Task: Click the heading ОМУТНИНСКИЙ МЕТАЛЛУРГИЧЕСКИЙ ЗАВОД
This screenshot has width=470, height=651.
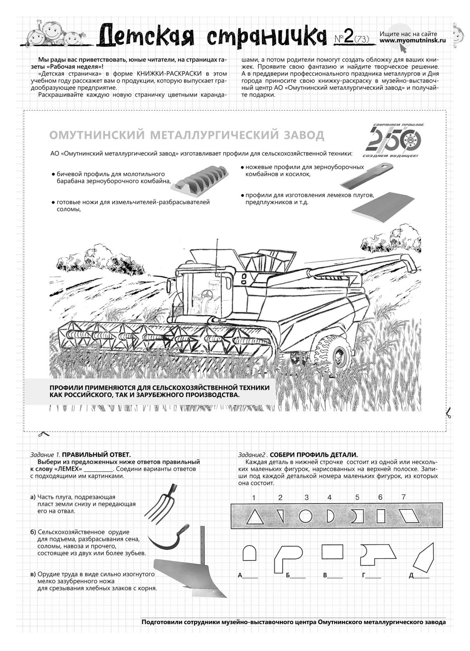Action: (187, 135)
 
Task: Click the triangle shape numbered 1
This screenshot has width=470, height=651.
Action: (255, 517)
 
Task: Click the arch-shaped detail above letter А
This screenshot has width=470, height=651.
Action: (249, 553)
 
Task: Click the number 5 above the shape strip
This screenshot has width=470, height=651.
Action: (357, 498)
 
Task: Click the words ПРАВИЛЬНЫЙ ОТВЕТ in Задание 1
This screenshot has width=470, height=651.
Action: (96, 455)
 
